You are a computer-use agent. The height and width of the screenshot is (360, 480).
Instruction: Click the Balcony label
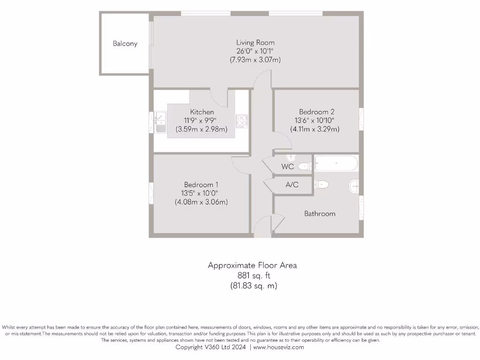tap(125, 44)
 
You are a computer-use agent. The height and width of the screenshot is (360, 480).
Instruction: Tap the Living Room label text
tap(255, 42)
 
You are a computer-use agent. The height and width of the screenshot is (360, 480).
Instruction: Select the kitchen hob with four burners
tap(241, 121)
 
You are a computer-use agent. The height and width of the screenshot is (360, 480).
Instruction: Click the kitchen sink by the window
tap(160, 121)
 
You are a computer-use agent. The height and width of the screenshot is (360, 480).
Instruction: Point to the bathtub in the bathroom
tap(336, 164)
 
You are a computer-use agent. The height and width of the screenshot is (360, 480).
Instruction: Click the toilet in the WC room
tap(305, 165)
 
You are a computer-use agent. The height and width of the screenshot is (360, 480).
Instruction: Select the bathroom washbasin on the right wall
tap(354, 186)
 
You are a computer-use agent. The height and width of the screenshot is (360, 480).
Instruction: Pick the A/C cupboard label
tap(292, 185)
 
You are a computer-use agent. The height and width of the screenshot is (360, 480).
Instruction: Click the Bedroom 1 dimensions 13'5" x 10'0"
tap(201, 193)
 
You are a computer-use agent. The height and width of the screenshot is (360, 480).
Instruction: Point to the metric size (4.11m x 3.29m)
tap(315, 129)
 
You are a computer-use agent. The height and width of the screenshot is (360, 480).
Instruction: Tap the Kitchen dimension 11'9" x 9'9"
tap(202, 120)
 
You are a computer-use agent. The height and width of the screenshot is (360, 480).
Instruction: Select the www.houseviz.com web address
tap(279, 347)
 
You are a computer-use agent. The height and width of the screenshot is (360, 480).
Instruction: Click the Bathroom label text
tap(320, 214)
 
